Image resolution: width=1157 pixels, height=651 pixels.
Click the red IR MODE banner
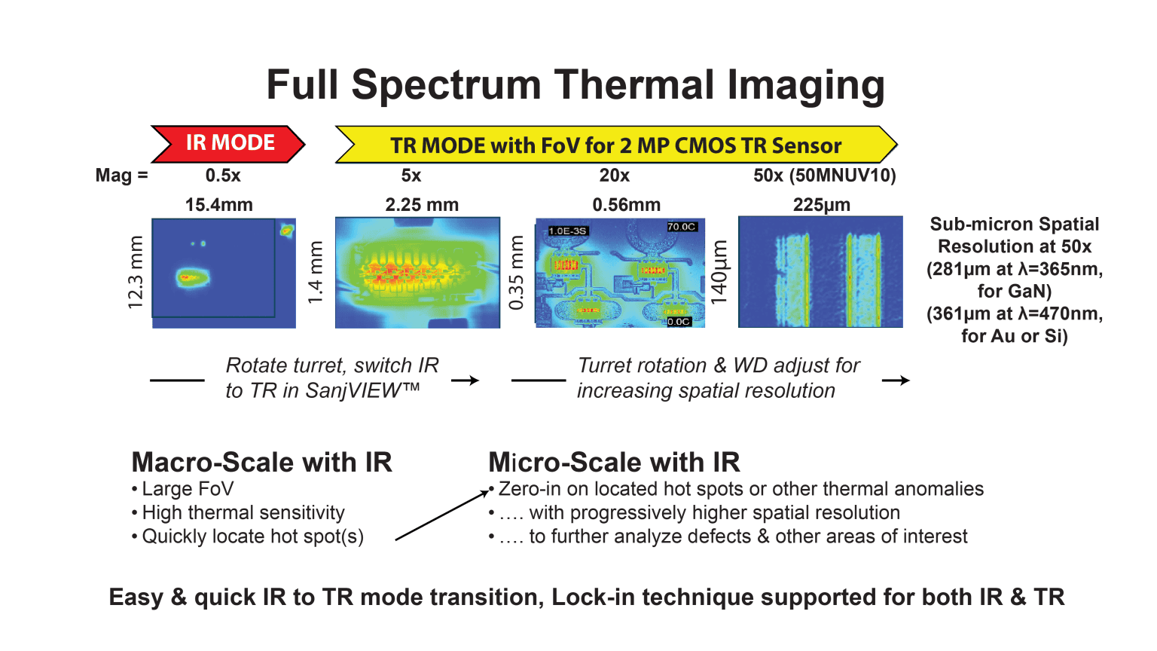(x=229, y=143)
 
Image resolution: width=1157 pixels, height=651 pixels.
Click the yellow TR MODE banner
(x=615, y=145)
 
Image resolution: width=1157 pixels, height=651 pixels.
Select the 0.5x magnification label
(x=223, y=176)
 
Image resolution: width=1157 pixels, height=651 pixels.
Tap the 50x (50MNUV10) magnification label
(x=824, y=176)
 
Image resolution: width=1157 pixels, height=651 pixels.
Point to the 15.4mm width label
(x=219, y=205)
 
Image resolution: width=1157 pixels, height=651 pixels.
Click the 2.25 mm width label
(x=422, y=205)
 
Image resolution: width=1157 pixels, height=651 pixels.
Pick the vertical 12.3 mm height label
(x=136, y=272)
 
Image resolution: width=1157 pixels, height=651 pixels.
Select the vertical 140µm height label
(x=720, y=272)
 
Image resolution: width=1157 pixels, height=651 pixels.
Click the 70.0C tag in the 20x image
(x=682, y=227)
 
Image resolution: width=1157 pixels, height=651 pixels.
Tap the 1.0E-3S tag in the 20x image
(x=568, y=231)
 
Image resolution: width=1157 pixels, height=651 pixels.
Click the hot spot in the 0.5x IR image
(x=191, y=277)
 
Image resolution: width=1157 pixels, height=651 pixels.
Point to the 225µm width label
(x=821, y=205)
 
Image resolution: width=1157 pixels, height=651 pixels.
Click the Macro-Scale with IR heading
(x=261, y=462)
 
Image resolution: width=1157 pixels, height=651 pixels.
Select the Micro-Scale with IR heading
(x=614, y=462)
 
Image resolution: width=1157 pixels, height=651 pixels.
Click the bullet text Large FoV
(x=188, y=489)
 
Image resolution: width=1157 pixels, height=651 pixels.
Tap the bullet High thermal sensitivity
(x=243, y=513)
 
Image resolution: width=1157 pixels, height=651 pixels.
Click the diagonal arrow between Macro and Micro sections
(x=442, y=515)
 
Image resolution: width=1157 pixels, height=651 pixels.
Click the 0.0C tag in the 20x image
(x=679, y=322)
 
